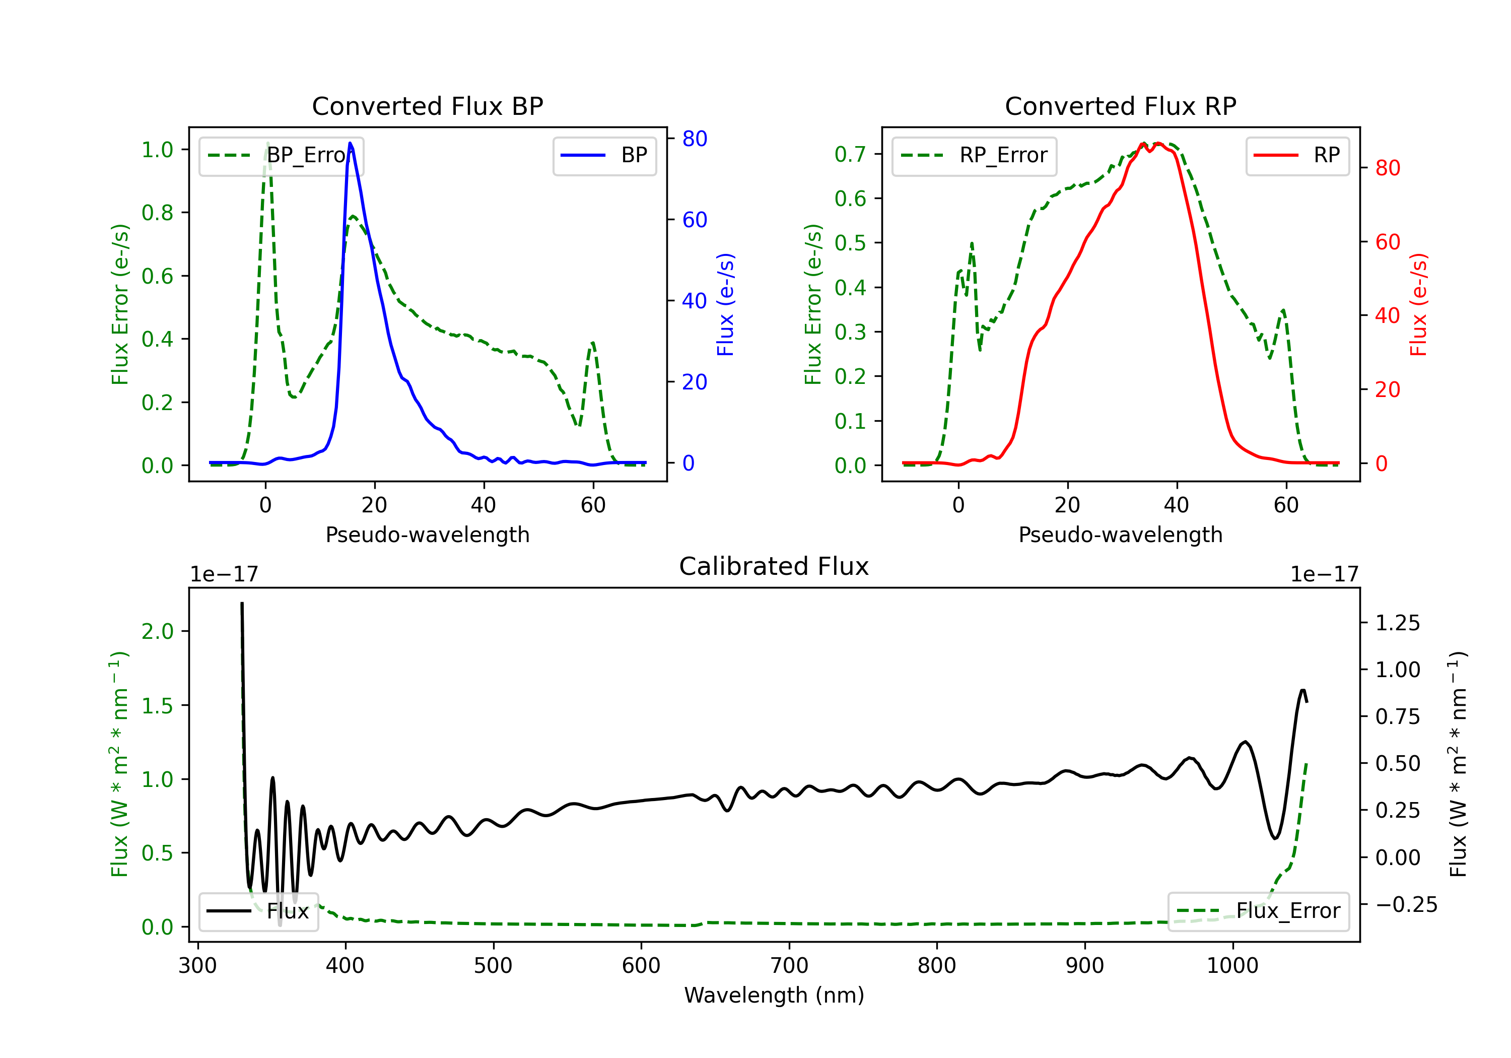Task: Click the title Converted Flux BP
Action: (x=428, y=106)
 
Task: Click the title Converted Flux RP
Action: (x=1121, y=106)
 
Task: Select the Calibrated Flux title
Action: (x=774, y=566)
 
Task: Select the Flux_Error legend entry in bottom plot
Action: (x=1258, y=911)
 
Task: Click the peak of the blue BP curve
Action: (x=350, y=143)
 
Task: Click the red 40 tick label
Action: (x=1388, y=316)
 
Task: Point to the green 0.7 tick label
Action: (x=850, y=154)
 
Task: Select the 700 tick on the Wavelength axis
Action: (x=789, y=966)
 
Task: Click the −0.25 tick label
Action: (x=1406, y=905)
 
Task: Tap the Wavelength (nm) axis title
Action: (x=774, y=995)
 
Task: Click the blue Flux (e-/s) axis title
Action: (x=725, y=304)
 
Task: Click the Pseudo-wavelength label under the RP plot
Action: (x=1121, y=535)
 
